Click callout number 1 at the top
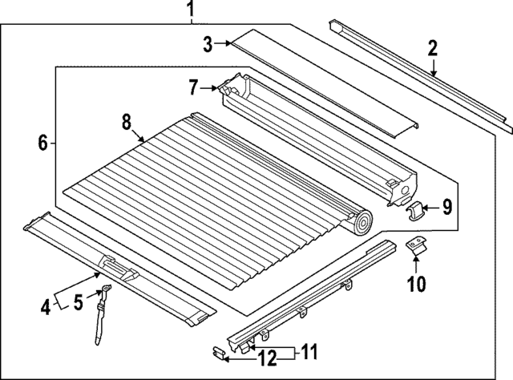[x=190, y=10]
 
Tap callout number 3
[x=208, y=45]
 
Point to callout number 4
[x=46, y=305]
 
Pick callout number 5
[x=78, y=302]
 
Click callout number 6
[x=43, y=144]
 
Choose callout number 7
[x=193, y=86]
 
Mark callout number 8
[x=126, y=122]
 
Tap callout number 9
[x=447, y=208]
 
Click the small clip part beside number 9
[x=416, y=210]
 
